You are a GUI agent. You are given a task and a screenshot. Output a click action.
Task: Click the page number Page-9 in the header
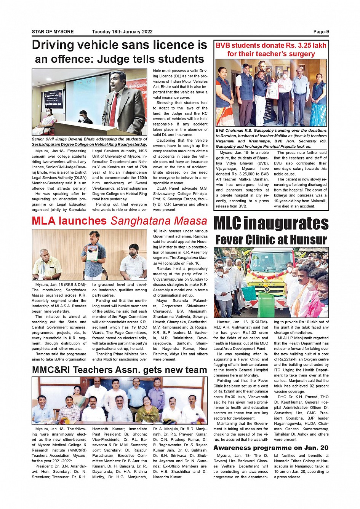click(x=321, y=32)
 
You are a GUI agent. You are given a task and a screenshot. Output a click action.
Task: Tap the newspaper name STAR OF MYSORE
click(x=53, y=32)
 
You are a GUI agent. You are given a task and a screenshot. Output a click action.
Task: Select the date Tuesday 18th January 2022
click(x=122, y=32)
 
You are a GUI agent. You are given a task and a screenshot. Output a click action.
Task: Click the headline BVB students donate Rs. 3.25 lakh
click(x=271, y=46)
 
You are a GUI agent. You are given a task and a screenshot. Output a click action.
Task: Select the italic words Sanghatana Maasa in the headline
click(x=159, y=221)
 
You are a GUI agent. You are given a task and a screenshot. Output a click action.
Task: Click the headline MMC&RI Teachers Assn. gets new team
click(x=119, y=370)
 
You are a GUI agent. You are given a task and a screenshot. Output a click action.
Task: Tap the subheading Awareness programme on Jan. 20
click(x=271, y=448)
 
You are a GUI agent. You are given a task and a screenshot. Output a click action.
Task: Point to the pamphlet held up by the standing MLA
click(x=92, y=253)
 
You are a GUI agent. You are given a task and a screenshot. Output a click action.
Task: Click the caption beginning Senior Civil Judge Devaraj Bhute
click(x=90, y=142)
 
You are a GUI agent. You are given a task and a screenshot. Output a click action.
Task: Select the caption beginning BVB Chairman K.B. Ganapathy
click(x=271, y=138)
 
